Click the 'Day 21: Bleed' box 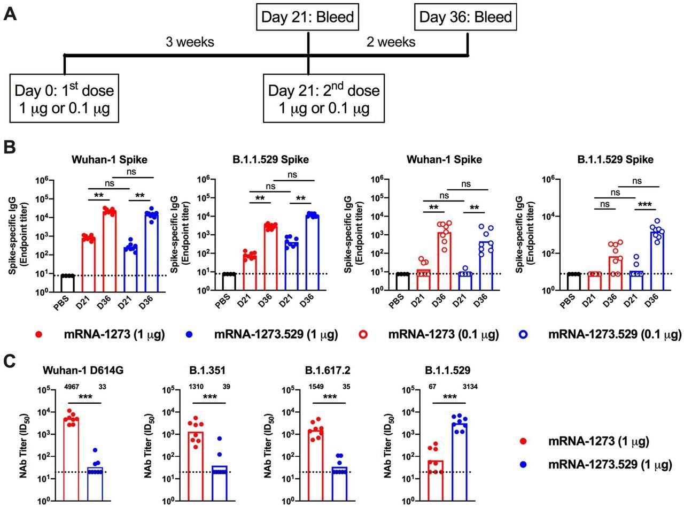(x=307, y=17)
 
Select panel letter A (x=10, y=14)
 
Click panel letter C (x=10, y=361)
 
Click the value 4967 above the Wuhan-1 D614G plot (x=73, y=387)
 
